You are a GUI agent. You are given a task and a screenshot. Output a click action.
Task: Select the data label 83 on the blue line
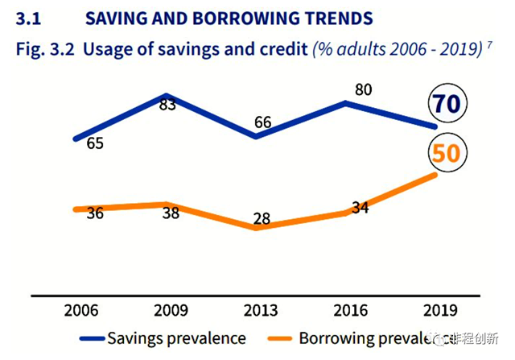167,105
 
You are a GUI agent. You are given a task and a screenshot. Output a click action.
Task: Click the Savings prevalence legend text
175,337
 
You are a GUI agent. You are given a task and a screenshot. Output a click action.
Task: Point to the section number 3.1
28,17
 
